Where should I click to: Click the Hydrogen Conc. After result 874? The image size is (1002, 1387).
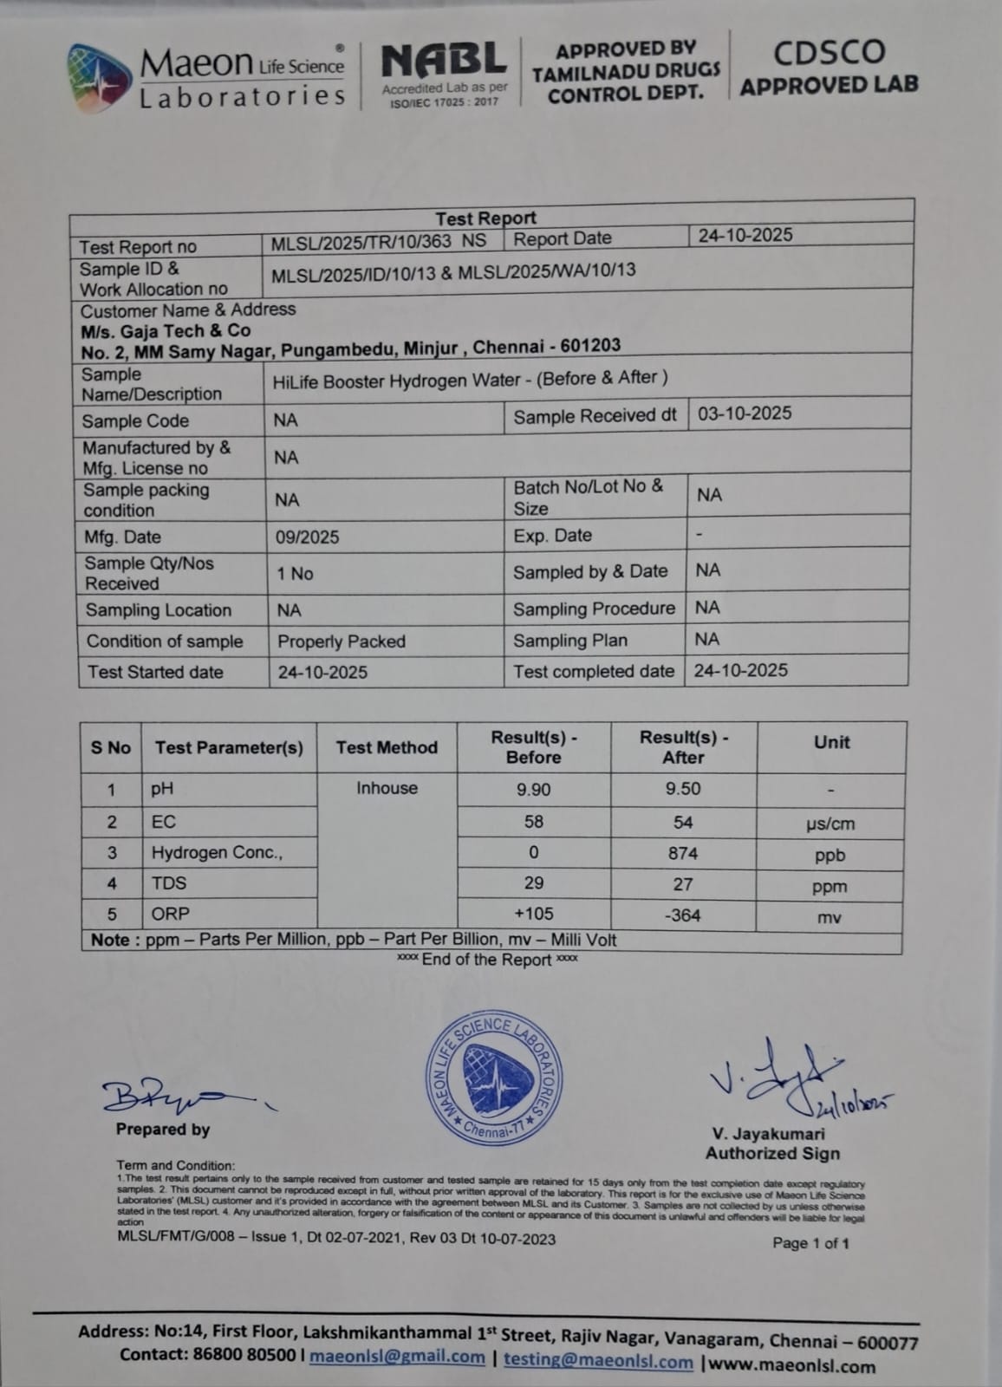coord(682,853)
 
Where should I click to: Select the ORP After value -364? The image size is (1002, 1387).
coord(682,915)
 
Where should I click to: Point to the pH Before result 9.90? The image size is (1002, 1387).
coord(533,790)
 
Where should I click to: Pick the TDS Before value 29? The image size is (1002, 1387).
coord(533,883)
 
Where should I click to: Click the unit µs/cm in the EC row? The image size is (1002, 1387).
coord(830,824)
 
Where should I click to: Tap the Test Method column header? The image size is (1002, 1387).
coord(387,747)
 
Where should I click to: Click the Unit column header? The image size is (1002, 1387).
coord(831,742)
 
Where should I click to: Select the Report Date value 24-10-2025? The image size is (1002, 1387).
coord(745,235)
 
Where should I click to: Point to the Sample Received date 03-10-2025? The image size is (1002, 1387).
coord(745,413)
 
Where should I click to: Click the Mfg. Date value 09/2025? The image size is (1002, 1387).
coord(308,537)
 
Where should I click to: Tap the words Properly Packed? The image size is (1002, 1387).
coord(342,641)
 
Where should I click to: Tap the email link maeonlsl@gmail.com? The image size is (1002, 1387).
coord(397,1357)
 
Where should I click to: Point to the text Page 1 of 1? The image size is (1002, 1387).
coord(810,1244)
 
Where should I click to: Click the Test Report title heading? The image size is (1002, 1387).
coord(485,218)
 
